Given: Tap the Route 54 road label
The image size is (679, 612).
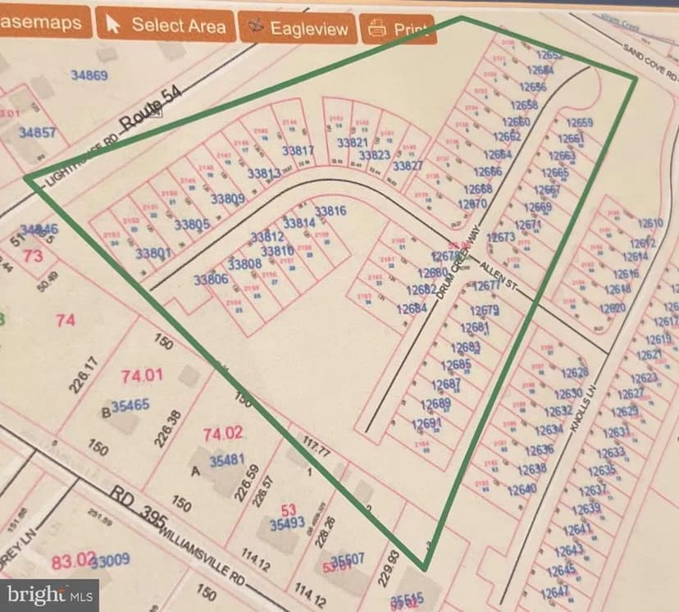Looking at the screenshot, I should point(149,112).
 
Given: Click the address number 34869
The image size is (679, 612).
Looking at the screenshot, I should point(89,75).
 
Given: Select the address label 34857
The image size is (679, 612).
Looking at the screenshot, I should point(38,132).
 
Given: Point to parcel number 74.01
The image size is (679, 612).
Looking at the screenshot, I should point(142,376).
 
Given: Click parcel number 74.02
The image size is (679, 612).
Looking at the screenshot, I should point(222,432).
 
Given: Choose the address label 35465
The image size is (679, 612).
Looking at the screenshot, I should point(130,404).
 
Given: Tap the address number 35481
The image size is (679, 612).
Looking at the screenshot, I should point(227,461).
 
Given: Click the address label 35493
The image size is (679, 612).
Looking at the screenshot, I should point(287,523).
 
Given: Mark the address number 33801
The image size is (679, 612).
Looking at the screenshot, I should point(153,253).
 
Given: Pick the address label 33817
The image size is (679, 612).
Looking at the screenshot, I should point(298,151).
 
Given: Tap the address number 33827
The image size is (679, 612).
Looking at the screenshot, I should point(408,166).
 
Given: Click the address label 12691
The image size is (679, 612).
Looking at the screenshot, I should point(426,423).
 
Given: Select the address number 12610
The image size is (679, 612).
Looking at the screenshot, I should point(649,223).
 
